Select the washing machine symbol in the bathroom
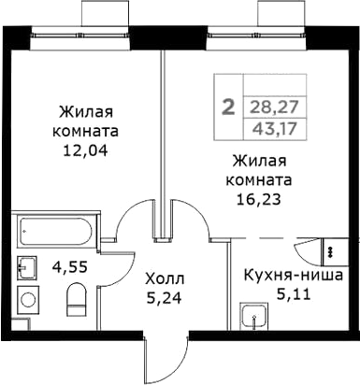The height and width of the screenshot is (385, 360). pyautogui.click(x=29, y=303)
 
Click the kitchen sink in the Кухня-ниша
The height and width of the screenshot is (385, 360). pyautogui.click(x=250, y=318)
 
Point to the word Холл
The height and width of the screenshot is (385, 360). pyautogui.click(x=166, y=279)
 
